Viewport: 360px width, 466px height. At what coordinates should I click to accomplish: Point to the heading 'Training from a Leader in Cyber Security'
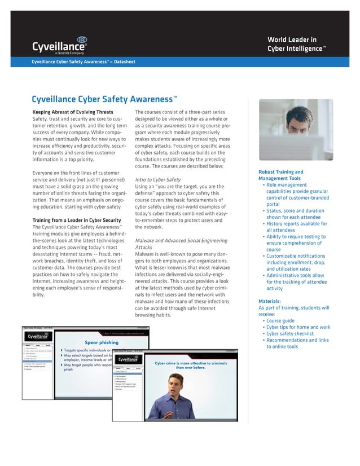pos(77,219)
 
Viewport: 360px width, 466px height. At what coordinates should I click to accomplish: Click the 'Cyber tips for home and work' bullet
pos(298,327)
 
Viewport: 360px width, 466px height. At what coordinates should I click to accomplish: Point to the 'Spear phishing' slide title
pos(101,341)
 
